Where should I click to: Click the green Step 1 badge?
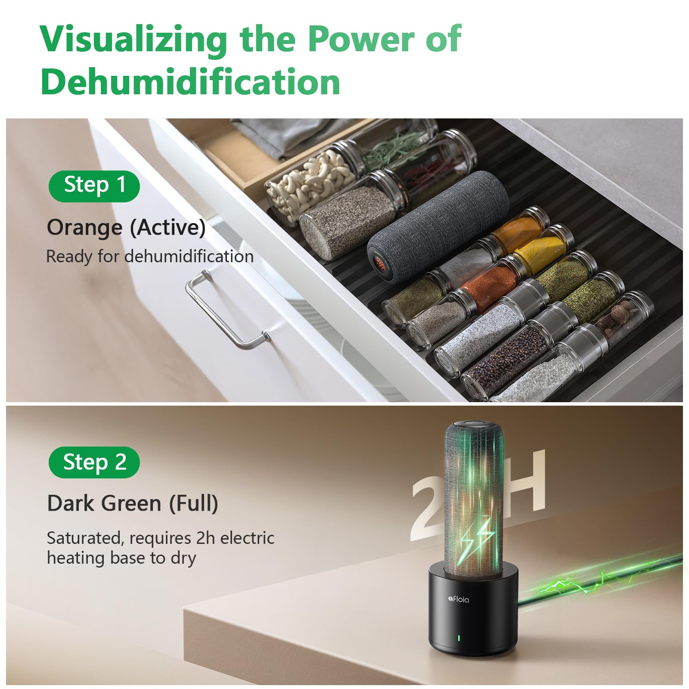coord(94,186)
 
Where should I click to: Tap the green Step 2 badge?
coord(94,462)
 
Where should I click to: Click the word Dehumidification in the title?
coord(191,81)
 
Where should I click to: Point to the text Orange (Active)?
coord(126,227)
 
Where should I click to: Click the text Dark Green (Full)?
coord(133,503)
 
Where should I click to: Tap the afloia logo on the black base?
coord(458,599)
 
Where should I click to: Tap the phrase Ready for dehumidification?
coord(150,257)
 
